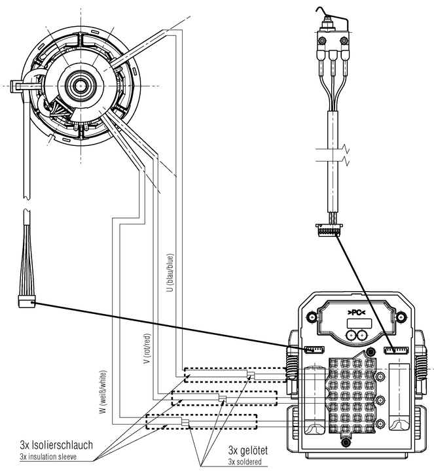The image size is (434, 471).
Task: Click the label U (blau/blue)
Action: [170, 271]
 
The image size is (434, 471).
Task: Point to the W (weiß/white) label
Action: [103, 393]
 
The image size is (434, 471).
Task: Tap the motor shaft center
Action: [81, 84]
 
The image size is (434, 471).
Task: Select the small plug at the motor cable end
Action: [24, 302]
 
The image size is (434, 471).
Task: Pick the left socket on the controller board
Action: [312, 351]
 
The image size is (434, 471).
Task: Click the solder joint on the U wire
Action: [251, 374]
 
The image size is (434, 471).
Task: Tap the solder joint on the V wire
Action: [222, 398]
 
